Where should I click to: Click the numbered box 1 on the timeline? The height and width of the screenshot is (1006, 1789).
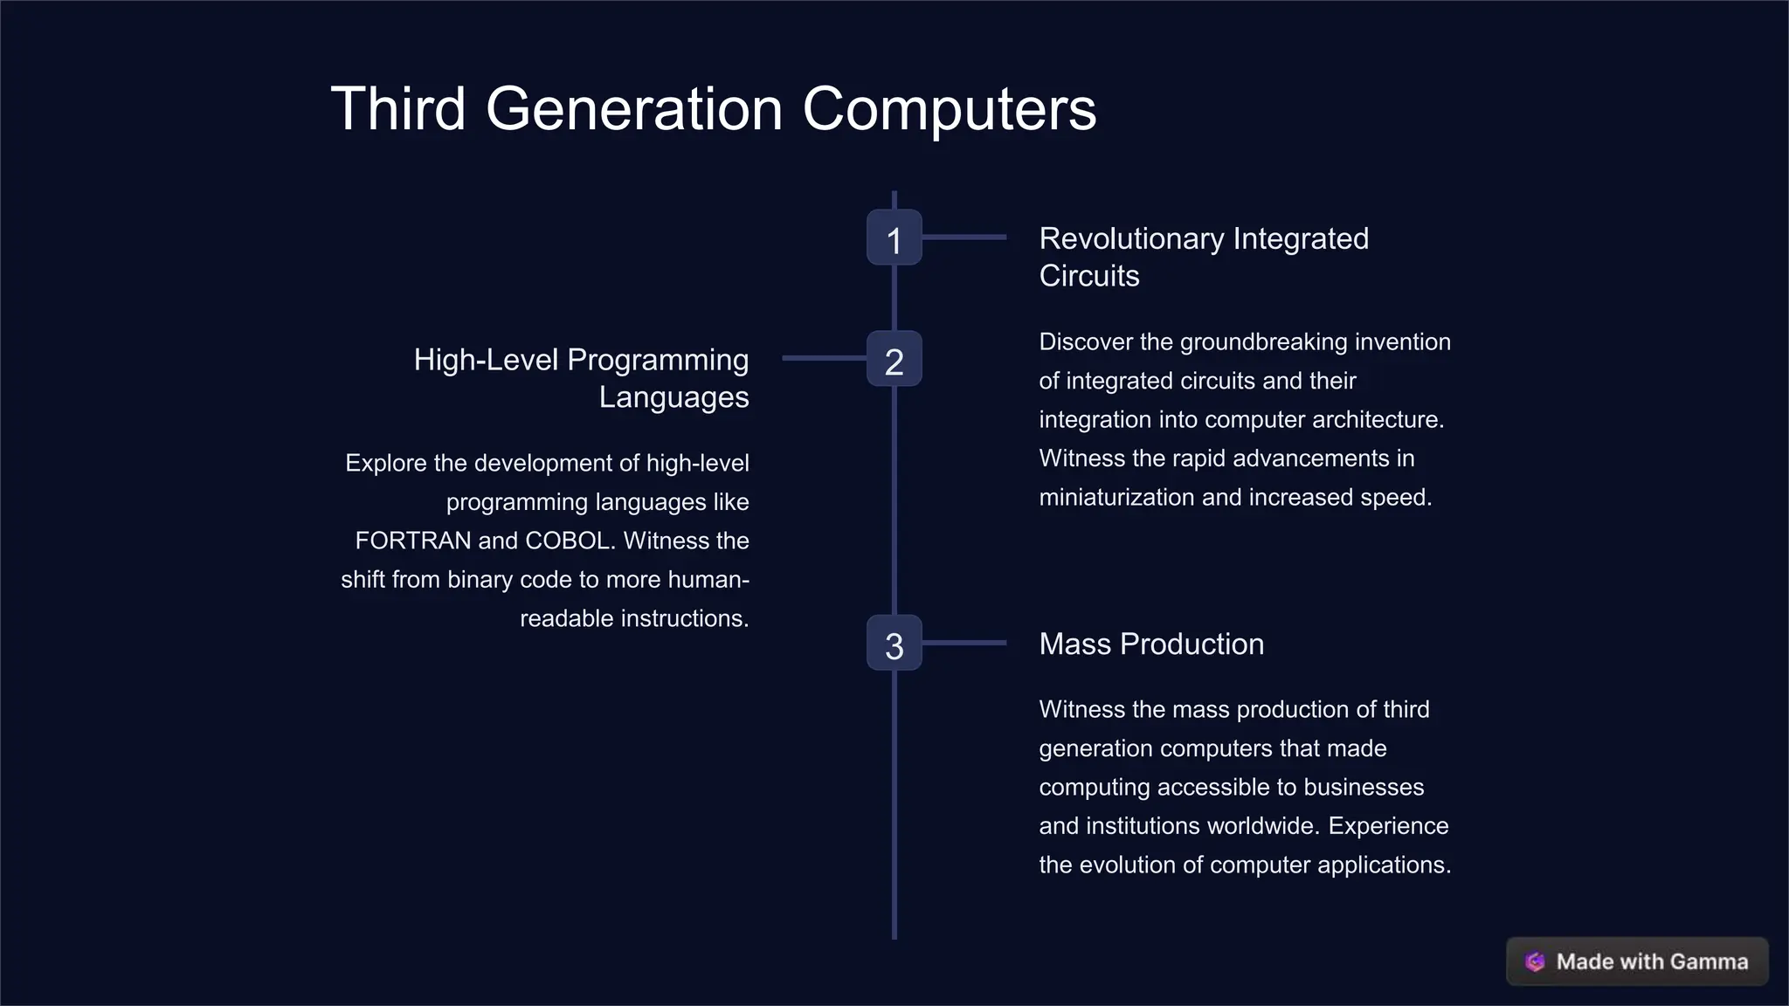pos(894,238)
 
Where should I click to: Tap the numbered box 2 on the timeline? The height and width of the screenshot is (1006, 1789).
pos(894,359)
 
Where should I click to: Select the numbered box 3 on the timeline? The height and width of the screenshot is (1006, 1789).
pos(894,644)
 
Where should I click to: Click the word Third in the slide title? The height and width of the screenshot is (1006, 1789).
pos(398,109)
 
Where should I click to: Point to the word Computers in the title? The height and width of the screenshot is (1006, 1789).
pos(949,109)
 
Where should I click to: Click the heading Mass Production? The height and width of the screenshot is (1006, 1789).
pos(1151,644)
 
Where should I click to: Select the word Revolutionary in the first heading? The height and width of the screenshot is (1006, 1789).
pos(1131,238)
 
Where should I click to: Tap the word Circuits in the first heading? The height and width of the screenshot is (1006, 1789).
pos(1088,276)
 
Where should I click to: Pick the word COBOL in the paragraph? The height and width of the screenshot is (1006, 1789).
pos(568,541)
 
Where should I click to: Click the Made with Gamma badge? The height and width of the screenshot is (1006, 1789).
pos(1637,961)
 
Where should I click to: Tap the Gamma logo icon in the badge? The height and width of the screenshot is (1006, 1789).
pos(1535,961)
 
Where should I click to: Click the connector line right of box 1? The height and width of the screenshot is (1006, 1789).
pos(964,237)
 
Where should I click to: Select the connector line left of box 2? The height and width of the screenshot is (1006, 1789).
pos(824,358)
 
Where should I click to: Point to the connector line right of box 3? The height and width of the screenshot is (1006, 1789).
pos(964,643)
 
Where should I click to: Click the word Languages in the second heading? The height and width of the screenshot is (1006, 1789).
pos(673,397)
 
